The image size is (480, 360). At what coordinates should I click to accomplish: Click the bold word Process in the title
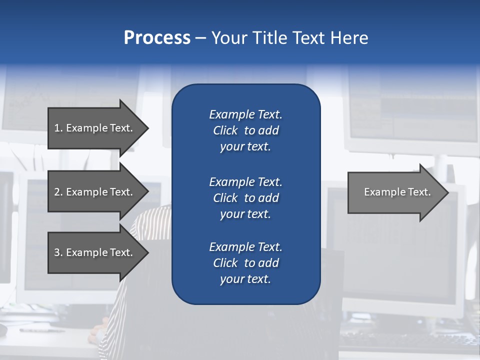(x=157, y=38)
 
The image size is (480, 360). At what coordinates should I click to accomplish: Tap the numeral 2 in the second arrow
(x=57, y=192)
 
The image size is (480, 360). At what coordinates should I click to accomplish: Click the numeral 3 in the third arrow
(x=57, y=252)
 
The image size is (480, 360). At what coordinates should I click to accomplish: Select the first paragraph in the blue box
(x=245, y=130)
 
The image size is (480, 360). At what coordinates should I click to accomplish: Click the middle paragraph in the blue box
(x=245, y=197)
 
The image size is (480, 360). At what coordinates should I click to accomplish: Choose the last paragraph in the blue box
(x=245, y=263)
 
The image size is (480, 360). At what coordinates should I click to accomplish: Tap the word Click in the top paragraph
(x=225, y=130)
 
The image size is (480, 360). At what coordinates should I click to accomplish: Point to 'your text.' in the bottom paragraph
(x=245, y=279)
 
